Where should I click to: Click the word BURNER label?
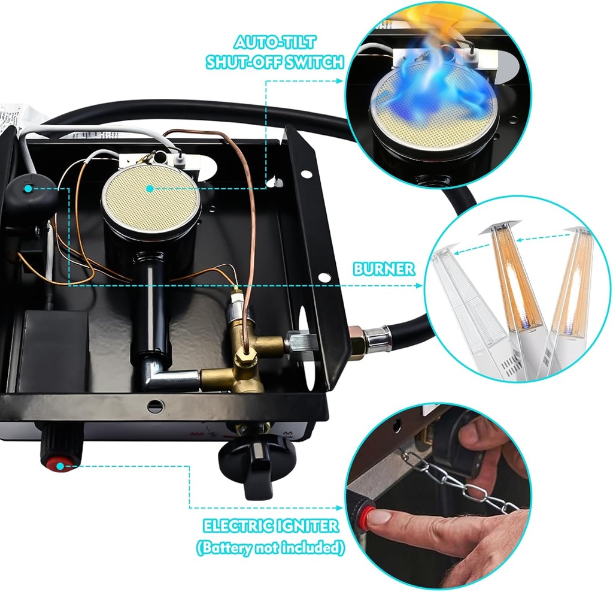click(383, 269)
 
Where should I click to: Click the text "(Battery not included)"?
click(271, 547)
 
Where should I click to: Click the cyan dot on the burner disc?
click(150, 188)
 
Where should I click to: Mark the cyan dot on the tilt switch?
click(28, 189)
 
